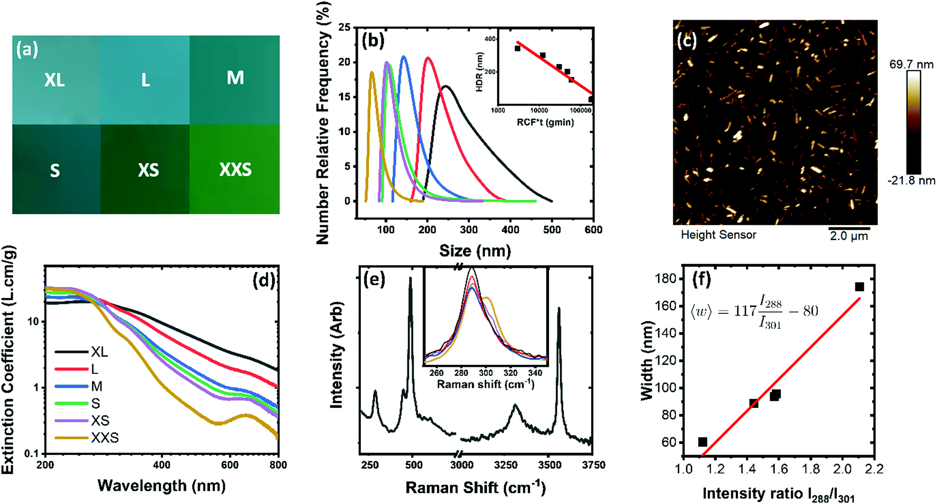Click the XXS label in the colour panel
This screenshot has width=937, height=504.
235,170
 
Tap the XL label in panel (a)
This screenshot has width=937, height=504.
54,80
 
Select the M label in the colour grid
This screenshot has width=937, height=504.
235,78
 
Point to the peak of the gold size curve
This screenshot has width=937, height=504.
372,72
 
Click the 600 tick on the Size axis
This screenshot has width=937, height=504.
593,230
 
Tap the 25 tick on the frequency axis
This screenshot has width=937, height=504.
344,28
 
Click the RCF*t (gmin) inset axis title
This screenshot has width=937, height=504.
545,122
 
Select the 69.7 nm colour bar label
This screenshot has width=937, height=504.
911,65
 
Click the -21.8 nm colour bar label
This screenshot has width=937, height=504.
911,180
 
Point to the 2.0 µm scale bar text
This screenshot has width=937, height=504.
849,236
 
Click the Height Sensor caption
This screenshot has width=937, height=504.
718,235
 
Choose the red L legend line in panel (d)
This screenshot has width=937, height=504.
72,369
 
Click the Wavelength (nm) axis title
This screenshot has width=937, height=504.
162,485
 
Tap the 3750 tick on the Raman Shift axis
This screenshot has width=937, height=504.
593,465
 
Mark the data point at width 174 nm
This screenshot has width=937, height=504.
859,287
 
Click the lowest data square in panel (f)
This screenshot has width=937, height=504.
703,442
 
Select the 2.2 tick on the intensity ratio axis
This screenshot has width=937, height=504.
874,469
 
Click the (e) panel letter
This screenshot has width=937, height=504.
374,279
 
